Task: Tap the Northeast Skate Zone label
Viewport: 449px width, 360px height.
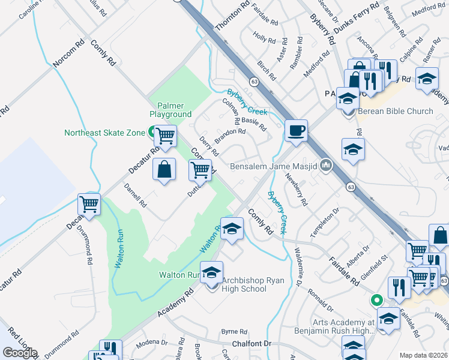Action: coord(104,133)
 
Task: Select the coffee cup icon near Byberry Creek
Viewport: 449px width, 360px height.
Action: coord(295,131)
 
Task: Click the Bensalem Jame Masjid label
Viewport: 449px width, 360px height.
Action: coord(275,165)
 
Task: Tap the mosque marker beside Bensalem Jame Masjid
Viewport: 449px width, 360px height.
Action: coord(326,164)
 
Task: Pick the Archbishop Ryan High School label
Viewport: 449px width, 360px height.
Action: coord(244,284)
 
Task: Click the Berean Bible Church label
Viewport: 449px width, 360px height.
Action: coord(395,111)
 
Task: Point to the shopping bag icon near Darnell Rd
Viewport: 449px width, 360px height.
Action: coord(164,170)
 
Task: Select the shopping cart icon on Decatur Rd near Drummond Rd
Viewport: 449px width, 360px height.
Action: coord(89,205)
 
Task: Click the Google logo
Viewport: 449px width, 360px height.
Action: coord(20,353)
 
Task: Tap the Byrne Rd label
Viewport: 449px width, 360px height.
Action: coord(234,331)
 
